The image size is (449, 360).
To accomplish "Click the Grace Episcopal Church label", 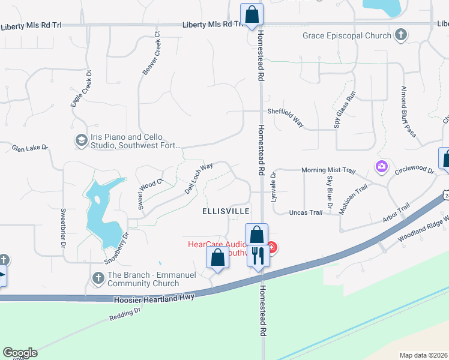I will pyautogui.click(x=348, y=35).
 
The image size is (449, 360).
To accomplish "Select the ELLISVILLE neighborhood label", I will pyautogui.click(x=226, y=212).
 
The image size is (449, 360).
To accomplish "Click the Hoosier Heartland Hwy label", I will pyautogui.click(x=154, y=298).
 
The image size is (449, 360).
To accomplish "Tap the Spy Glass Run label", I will pyautogui.click(x=345, y=109).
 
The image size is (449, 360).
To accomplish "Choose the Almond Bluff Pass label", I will pyautogui.click(x=408, y=112).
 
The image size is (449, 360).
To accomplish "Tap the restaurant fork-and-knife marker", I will pyautogui.click(x=258, y=256).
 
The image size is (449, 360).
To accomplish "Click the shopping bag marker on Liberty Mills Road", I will pyautogui.click(x=252, y=14).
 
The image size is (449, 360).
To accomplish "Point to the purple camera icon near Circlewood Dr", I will pyautogui.click(x=381, y=166).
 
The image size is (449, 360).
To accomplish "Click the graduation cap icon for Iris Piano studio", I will pyautogui.click(x=81, y=140).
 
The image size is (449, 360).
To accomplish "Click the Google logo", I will pyautogui.click(x=20, y=353).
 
